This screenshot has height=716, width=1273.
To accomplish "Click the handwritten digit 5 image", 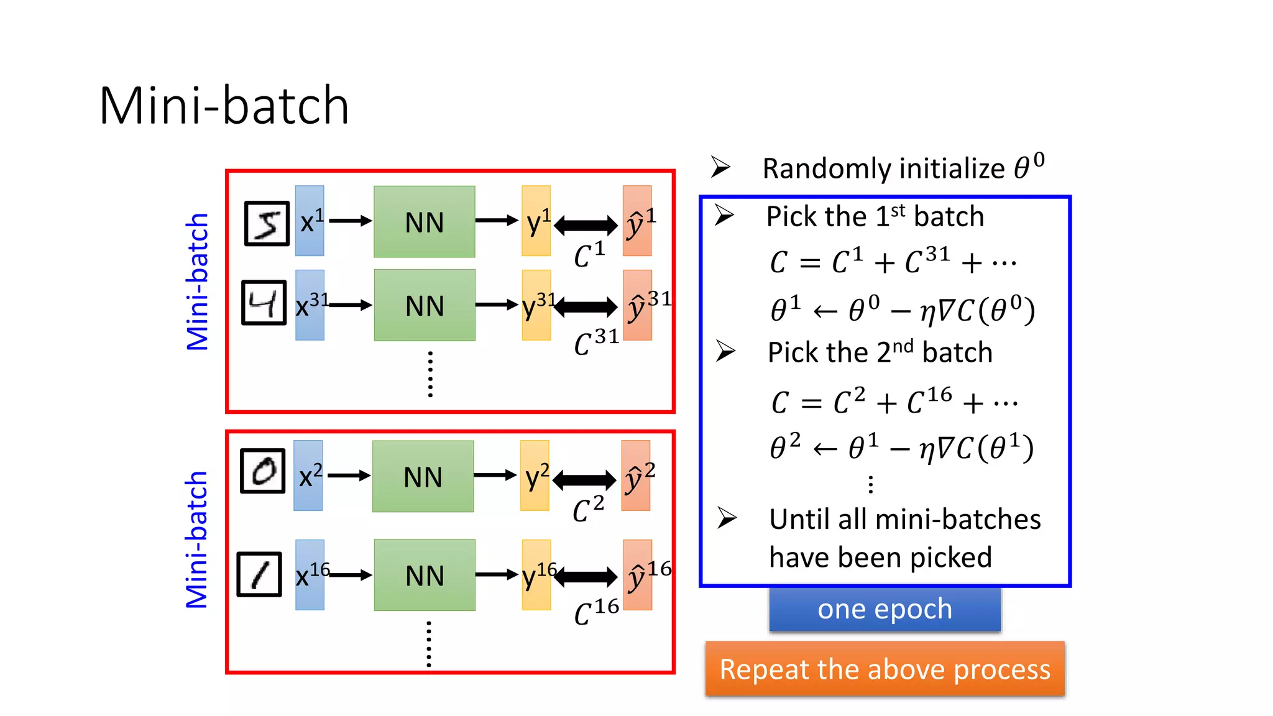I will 267,224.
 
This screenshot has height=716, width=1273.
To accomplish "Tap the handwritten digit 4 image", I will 264,303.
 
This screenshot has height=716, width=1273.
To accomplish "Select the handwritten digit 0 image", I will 263,471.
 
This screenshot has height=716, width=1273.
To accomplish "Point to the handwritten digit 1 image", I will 260,574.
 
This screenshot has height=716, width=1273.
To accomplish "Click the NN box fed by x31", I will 425,305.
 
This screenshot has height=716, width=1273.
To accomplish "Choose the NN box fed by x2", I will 423,477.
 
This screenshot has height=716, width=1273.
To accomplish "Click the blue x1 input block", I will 310,221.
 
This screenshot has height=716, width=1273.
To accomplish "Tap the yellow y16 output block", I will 536,575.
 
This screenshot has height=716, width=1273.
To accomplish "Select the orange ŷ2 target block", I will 636,475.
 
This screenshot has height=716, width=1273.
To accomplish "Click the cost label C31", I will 596,342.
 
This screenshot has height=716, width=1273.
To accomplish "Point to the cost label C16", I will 596,612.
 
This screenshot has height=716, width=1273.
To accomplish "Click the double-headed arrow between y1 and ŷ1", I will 586,225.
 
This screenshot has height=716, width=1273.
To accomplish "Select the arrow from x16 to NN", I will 350,576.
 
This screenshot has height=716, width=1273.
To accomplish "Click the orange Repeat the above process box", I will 885,669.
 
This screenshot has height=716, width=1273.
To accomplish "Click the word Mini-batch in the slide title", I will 224,106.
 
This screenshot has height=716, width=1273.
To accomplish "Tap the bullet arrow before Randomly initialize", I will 721,167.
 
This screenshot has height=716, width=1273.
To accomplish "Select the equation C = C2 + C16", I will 894,402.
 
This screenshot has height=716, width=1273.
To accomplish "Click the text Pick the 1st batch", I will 875,216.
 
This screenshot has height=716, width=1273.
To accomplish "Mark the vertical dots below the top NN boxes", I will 430,374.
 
